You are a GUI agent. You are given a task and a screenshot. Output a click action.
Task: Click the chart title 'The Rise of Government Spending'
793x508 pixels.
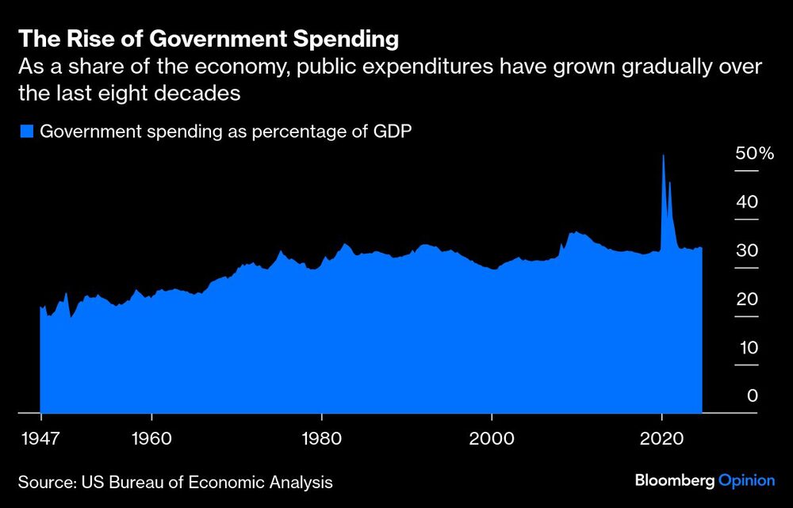point(208,38)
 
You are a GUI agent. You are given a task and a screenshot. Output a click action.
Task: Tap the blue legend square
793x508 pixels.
point(27,132)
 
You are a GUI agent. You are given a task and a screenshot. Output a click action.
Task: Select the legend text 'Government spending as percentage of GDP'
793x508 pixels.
point(225,132)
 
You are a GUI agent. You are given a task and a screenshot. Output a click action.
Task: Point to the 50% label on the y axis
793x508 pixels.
point(754,154)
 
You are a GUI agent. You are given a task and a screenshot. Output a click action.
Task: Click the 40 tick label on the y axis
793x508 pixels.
point(747,202)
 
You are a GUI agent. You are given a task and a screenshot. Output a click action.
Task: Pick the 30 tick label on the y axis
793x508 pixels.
point(747,250)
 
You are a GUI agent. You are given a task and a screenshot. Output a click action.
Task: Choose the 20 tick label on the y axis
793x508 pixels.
point(747,300)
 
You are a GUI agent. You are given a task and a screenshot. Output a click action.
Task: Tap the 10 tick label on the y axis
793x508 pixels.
point(747,348)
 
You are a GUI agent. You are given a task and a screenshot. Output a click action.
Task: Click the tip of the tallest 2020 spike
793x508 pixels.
point(663,155)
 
